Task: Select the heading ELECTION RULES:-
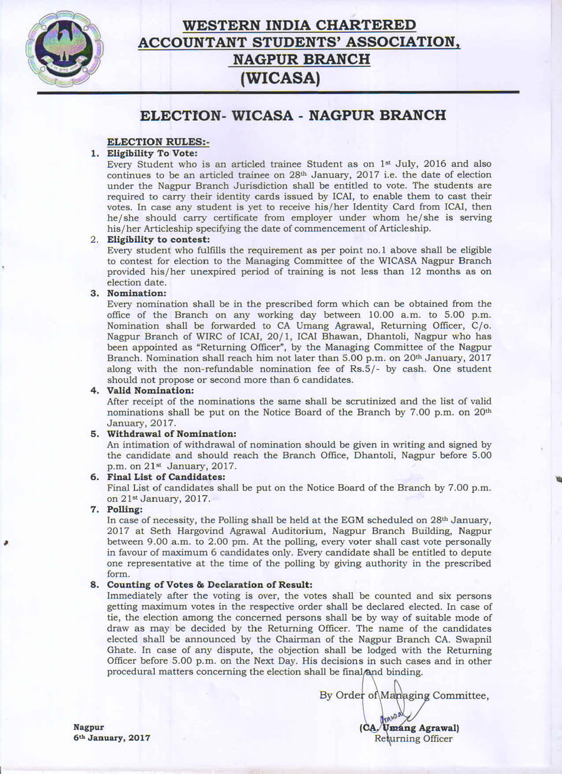pos(158,142)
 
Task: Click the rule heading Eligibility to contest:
pos(158,239)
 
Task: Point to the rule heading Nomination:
pos(137,293)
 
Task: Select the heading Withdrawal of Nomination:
pos(171,434)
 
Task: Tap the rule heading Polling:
pos(125,510)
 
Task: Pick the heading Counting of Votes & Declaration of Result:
pos(209,585)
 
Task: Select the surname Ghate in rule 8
pos(122,650)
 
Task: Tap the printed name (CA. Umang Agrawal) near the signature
pos(409,728)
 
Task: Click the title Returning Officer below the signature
pos(413,739)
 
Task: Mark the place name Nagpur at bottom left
pos(89,727)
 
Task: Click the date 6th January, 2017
pos(111,738)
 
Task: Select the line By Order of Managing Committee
pos(404,695)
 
